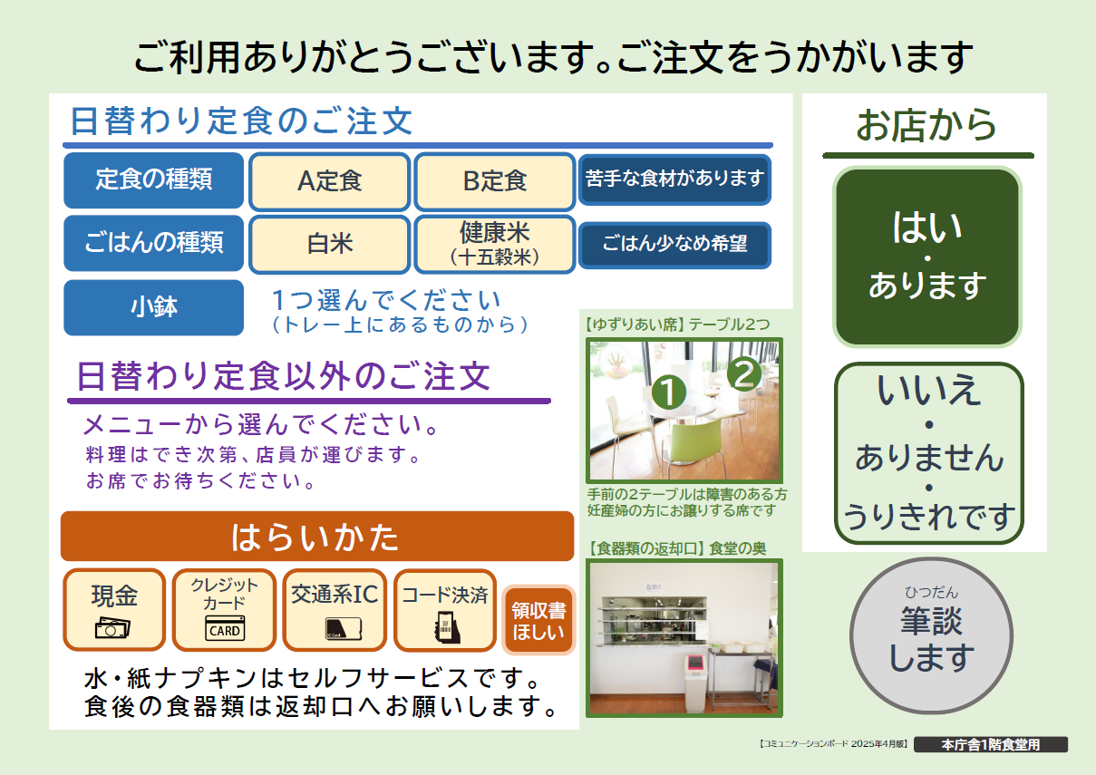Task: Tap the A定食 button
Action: coord(329,181)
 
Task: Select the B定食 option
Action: coord(495,181)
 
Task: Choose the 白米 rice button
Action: coord(329,244)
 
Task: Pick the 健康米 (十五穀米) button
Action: coord(495,244)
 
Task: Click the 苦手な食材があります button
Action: coord(674,179)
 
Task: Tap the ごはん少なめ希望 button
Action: coord(674,245)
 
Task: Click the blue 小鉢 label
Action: coord(153,307)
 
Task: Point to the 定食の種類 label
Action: coord(153,180)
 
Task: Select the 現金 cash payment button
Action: coord(114,610)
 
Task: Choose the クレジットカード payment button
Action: coord(224,610)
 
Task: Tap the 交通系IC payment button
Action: coord(335,610)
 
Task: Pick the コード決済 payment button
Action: coord(445,610)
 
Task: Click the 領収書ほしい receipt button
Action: coord(538,620)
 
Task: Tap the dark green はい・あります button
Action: coord(927,257)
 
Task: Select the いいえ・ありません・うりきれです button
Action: coord(928,452)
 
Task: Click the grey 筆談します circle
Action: coord(931,635)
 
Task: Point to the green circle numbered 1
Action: coord(668,392)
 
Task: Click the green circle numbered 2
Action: coord(744,374)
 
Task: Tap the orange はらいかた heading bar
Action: coord(317,537)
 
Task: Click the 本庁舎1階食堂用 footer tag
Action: coord(991,744)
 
